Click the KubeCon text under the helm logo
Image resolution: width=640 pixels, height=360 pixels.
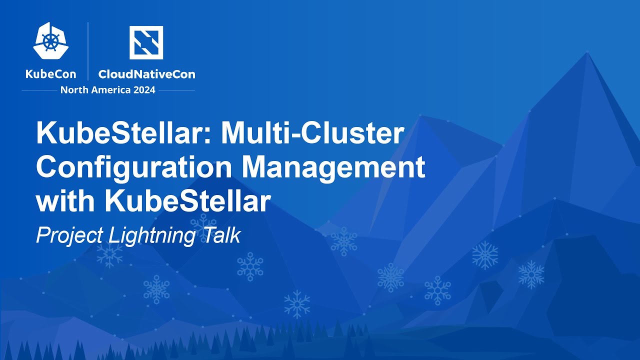pyautogui.click(x=51, y=74)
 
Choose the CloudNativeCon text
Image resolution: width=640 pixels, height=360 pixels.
pyautogui.click(x=146, y=74)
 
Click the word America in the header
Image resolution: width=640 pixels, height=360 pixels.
pyautogui.click(x=111, y=90)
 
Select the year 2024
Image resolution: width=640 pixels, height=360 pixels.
pyautogui.click(x=143, y=90)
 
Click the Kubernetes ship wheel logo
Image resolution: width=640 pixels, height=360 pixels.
pyautogui.click(x=51, y=41)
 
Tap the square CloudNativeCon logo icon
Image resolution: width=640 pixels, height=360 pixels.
pyautogui.click(x=146, y=42)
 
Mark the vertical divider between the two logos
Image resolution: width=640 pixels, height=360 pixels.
pyautogui.click(x=88, y=51)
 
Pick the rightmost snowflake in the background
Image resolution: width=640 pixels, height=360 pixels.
pyautogui.click(x=530, y=274)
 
